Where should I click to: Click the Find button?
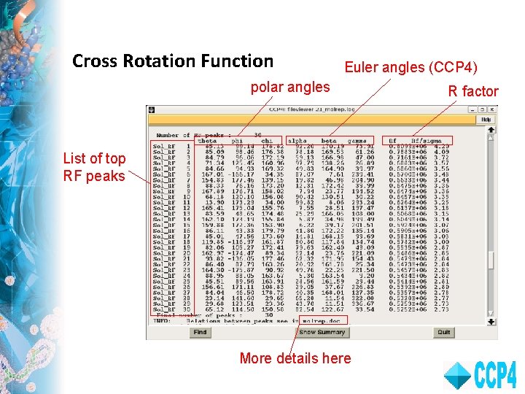(200, 332)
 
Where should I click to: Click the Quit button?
(444, 332)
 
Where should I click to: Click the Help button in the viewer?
(486, 120)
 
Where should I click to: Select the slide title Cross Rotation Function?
(173, 61)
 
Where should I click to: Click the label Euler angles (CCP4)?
(411, 68)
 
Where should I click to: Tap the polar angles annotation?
(290, 88)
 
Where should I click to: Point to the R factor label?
(472, 91)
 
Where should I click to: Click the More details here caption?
(295, 358)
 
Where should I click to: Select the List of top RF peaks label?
(94, 167)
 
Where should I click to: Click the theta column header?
(207, 141)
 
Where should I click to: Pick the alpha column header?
(297, 141)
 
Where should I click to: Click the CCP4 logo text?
(496, 375)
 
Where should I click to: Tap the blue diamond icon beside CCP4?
(457, 375)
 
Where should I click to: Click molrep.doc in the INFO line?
(346, 320)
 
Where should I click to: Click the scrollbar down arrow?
(492, 319)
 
